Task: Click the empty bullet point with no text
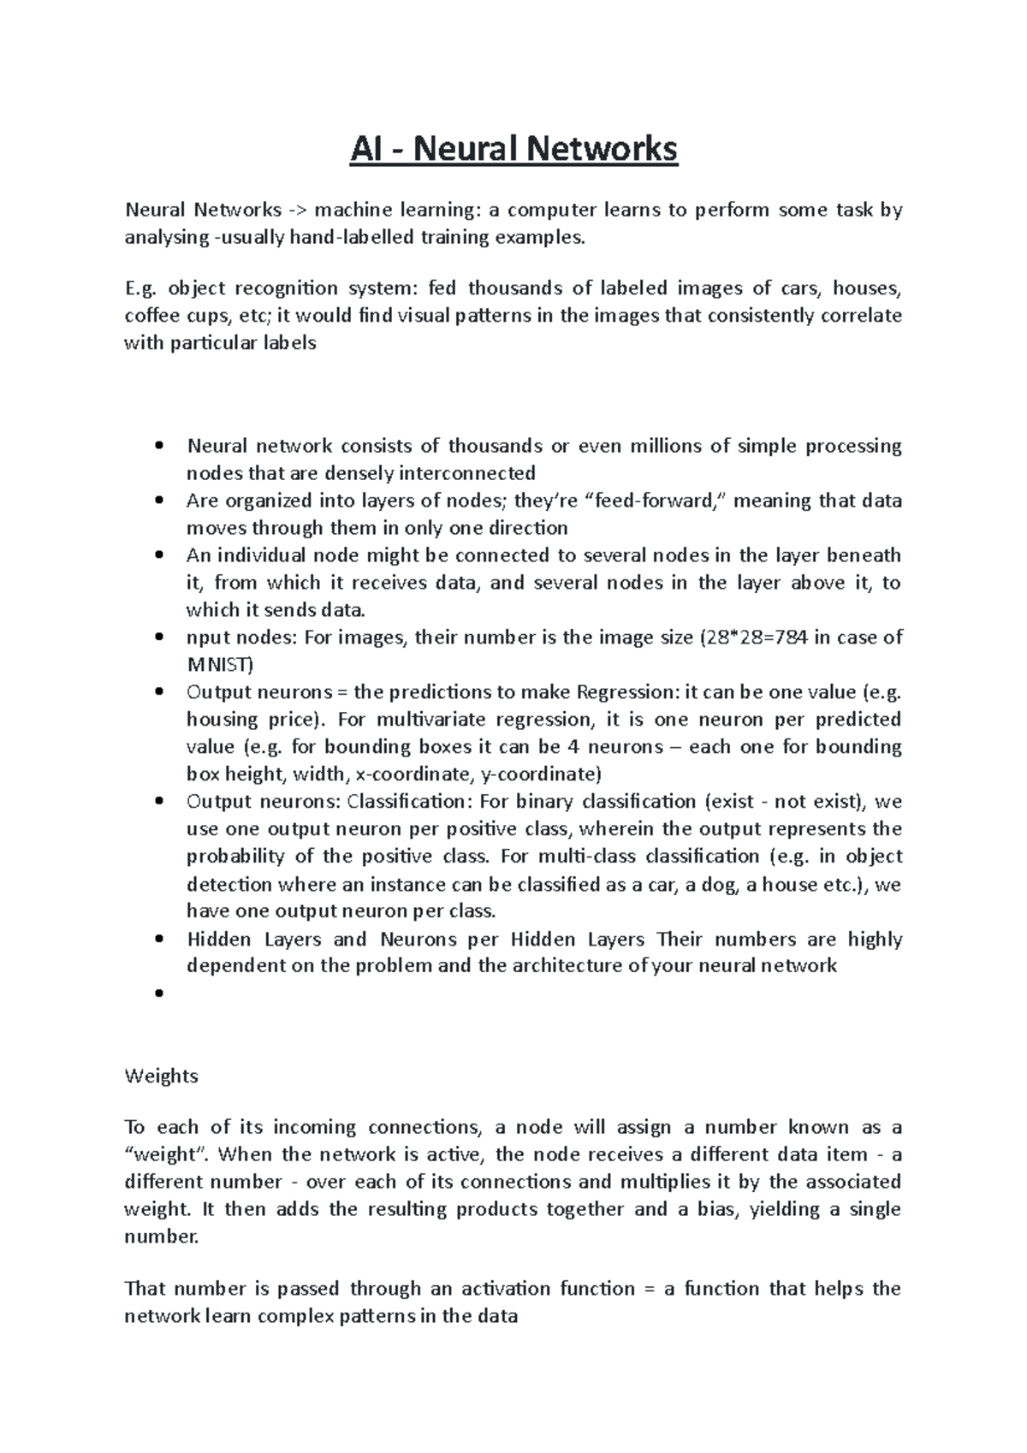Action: pyautogui.click(x=159, y=993)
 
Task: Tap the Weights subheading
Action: pyautogui.click(x=161, y=1076)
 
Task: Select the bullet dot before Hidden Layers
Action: pyautogui.click(x=159, y=940)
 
